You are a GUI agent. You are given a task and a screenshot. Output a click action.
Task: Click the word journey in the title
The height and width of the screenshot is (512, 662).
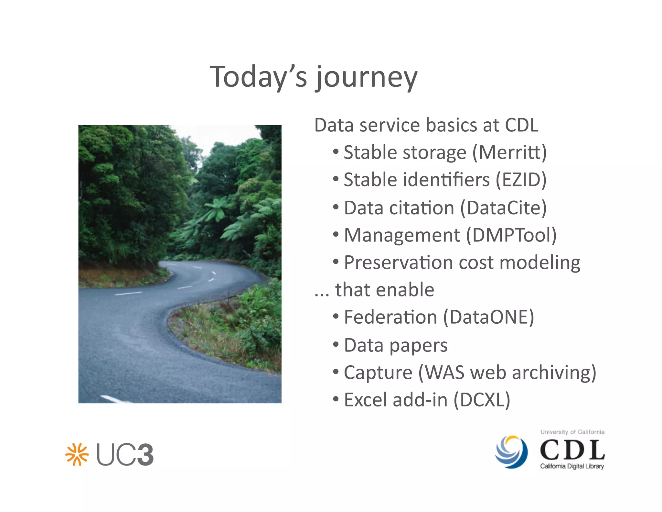pos(367,78)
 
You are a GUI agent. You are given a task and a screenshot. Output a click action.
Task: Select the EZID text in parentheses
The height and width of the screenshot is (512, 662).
pos(521,180)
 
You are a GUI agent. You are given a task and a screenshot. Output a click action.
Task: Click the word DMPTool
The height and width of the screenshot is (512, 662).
pos(514,235)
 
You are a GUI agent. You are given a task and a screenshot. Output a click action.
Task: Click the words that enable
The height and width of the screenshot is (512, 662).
pos(384,290)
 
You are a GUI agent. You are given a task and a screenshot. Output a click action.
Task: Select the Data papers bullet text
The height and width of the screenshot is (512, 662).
pos(395,345)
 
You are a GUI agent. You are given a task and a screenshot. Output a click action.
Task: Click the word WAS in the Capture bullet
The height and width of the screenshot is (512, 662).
pos(444,373)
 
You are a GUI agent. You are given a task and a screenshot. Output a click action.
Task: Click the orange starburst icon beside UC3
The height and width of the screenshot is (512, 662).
pos(77,454)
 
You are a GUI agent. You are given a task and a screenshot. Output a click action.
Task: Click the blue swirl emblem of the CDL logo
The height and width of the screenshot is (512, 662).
pos(511,451)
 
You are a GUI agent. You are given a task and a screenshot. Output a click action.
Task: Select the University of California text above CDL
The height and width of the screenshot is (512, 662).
pos(572,432)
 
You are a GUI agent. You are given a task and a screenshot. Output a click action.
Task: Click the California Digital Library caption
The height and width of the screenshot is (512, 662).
pos(572,466)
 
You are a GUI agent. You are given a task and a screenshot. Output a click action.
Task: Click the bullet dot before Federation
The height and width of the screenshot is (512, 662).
pos(336,317)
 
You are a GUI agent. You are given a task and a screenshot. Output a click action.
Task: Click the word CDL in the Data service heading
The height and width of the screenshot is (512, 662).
pos(521,125)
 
